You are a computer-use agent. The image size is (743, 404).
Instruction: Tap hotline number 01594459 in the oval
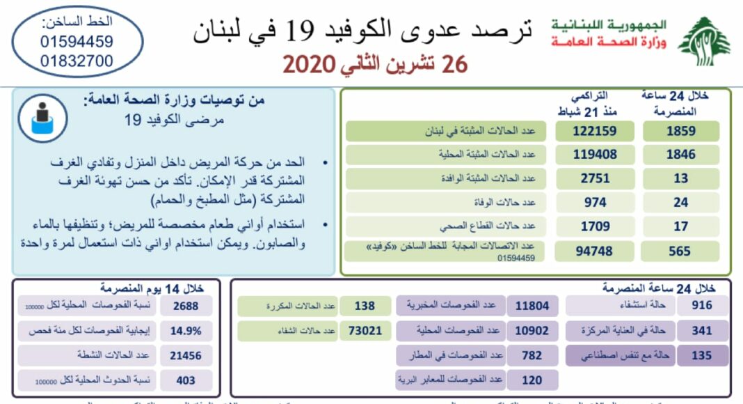[77, 42]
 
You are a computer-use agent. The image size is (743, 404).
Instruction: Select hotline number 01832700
[77, 61]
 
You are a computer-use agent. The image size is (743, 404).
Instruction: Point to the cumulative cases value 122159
[595, 131]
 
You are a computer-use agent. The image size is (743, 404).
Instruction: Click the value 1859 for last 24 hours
[680, 131]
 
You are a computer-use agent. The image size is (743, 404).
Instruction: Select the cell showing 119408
[595, 155]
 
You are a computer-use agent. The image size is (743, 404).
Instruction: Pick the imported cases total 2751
[595, 178]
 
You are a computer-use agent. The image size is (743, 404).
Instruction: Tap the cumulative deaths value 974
[595, 203]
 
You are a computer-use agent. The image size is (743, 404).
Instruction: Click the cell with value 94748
[595, 251]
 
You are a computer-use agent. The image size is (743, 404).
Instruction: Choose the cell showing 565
[680, 251]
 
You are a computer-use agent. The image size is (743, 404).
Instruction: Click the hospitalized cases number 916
[701, 305]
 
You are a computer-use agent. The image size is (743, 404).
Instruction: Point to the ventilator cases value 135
[701, 355]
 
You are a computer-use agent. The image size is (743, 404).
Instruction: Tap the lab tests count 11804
[532, 305]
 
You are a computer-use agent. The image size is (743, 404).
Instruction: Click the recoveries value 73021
[365, 330]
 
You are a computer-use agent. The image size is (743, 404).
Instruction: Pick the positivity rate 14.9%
[185, 330]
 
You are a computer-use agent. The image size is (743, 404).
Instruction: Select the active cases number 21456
[185, 355]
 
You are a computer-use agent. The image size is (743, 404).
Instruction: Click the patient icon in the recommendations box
[42, 116]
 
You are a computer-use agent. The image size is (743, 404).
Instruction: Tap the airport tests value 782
[532, 355]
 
